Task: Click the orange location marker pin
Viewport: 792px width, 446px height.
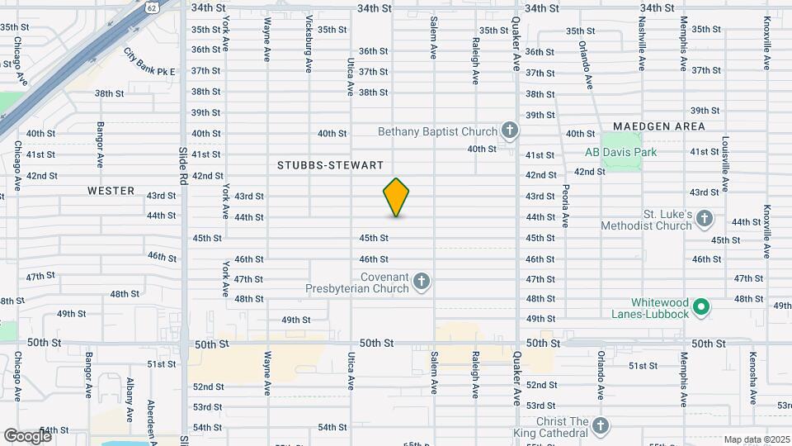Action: coord(397,197)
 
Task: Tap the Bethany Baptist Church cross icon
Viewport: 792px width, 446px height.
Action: coord(511,130)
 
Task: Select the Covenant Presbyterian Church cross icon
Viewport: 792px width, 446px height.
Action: coord(422,282)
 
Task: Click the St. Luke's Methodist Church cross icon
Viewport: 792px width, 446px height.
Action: coord(704,219)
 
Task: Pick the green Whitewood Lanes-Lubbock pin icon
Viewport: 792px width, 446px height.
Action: coord(701,307)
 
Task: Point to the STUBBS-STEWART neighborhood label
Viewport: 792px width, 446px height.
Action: coord(330,165)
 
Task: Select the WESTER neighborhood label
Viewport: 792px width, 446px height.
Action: coord(111,191)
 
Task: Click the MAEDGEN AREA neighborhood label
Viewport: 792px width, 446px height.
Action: coord(658,126)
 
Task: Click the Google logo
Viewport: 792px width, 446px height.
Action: coord(27,435)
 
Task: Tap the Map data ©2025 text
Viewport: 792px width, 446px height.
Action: coord(756,439)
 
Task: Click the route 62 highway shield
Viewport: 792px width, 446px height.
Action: coord(151,7)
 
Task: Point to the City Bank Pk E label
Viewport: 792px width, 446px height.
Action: coord(149,63)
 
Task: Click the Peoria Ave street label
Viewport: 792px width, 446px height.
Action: coord(566,211)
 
